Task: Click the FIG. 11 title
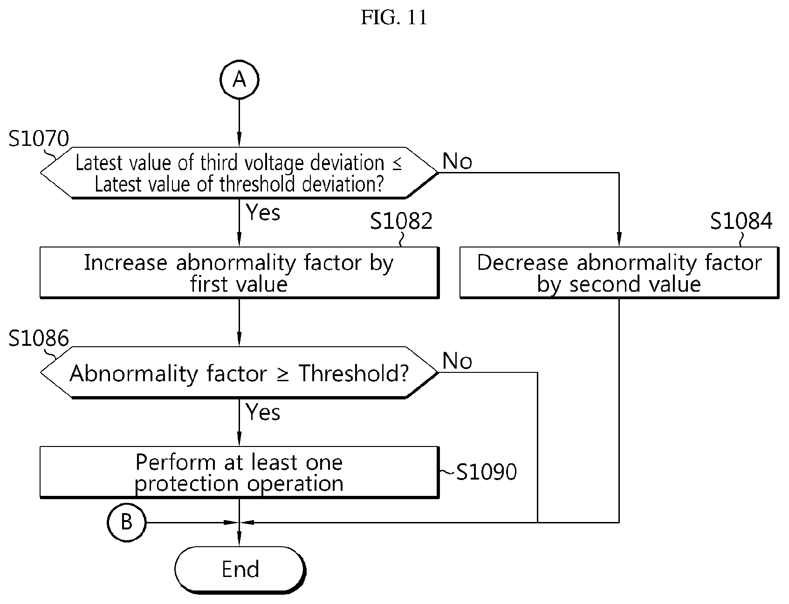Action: pos(394,18)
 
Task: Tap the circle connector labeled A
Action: pos(239,80)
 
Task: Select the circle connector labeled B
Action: pos(126,522)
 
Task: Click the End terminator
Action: pos(240,569)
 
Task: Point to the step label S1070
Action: pos(39,138)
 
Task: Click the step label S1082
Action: pos(401,221)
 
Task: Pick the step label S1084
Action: pos(741,221)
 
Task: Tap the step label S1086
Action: pos(39,338)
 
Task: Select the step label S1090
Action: pos(486,472)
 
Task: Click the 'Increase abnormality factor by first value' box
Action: pos(239,273)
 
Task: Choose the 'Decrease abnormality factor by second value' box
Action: pos(619,273)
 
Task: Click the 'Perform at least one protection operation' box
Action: pos(239,473)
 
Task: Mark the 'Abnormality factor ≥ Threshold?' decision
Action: pos(239,373)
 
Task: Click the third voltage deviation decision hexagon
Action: pos(239,173)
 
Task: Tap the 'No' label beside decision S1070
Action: pos(457,161)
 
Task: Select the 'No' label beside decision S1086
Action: pos(457,361)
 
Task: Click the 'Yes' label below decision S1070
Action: pos(263,213)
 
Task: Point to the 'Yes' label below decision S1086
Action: pos(263,412)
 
